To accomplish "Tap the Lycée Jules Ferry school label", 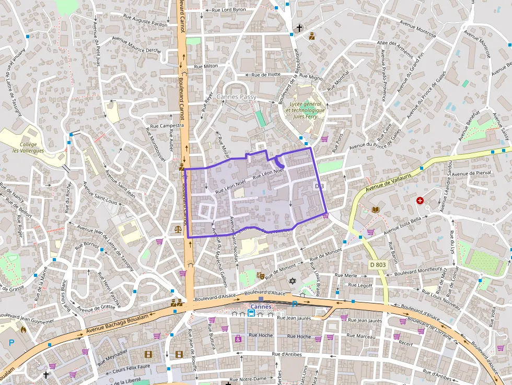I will [x=305, y=110].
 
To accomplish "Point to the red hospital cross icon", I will [x=420, y=201].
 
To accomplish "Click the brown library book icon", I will [x=375, y=209].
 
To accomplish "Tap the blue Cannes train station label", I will [x=261, y=307].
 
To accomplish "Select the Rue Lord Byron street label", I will [x=228, y=9].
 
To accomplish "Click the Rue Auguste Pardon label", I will [x=145, y=21].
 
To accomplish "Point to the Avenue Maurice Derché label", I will [x=137, y=46].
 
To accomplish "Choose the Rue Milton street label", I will [x=206, y=66].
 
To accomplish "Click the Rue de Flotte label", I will [x=266, y=75].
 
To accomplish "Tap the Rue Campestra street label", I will [x=167, y=126].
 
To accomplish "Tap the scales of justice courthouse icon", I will [x=179, y=228].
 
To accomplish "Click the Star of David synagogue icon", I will [x=293, y=281].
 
